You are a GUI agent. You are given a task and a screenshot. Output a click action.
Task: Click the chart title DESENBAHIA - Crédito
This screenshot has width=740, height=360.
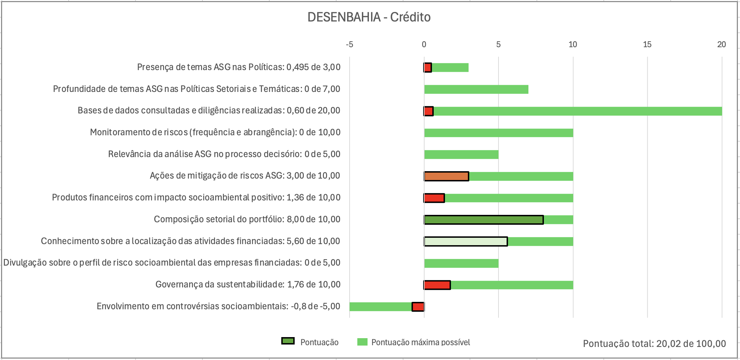click(x=369, y=17)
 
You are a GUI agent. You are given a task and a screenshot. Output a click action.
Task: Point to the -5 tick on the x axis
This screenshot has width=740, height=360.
click(x=349, y=44)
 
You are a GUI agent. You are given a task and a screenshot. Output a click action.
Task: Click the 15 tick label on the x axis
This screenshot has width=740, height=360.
click(x=647, y=44)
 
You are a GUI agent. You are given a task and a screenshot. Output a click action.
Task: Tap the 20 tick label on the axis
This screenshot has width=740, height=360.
click(x=721, y=44)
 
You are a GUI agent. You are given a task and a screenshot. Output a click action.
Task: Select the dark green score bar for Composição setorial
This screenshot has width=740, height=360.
click(x=484, y=220)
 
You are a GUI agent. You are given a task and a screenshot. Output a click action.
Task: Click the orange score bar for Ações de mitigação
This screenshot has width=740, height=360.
click(x=446, y=176)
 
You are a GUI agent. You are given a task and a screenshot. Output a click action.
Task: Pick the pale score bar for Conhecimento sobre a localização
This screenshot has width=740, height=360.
click(x=466, y=242)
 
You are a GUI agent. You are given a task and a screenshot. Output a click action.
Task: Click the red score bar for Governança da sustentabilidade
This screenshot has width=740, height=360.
click(x=437, y=285)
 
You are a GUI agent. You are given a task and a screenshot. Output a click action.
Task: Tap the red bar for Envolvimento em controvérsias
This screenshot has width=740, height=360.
click(x=418, y=307)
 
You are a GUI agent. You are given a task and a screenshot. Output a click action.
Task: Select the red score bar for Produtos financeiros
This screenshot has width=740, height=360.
click(x=434, y=198)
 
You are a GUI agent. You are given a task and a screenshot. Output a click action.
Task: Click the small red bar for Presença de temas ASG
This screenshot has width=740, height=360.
click(x=428, y=68)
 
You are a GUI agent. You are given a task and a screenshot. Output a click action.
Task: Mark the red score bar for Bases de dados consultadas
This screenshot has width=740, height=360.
click(x=428, y=111)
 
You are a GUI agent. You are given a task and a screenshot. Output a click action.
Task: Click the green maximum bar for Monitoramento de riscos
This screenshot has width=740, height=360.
click(x=498, y=133)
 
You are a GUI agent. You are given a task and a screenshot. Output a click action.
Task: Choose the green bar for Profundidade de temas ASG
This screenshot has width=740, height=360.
click(x=476, y=89)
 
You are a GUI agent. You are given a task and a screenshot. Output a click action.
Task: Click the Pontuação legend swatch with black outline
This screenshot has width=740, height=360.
click(x=288, y=341)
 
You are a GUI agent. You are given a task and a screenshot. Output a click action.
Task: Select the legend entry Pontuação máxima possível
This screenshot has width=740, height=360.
click(x=420, y=342)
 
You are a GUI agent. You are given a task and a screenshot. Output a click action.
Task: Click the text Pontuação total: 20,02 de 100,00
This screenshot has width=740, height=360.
click(x=654, y=343)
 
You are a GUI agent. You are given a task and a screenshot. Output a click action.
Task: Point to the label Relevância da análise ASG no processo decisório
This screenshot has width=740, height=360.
click(x=224, y=154)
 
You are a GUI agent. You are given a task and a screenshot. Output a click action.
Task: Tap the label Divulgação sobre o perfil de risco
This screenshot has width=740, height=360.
click(x=172, y=263)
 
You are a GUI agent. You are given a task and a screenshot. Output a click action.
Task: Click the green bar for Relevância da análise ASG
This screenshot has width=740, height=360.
click(x=461, y=155)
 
